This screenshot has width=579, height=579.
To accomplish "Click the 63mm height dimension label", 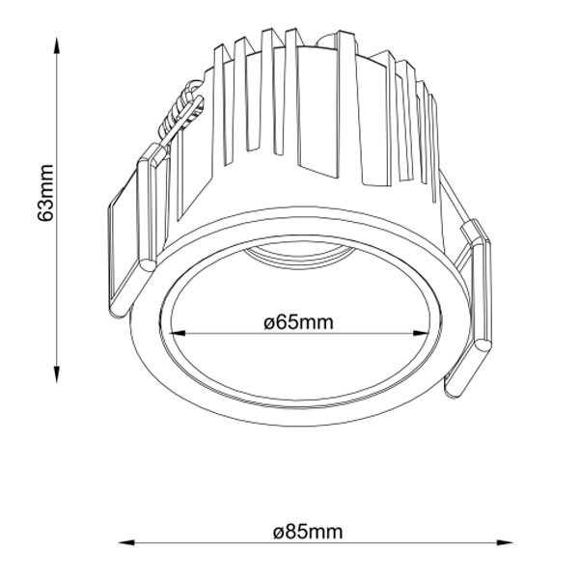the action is point(45,193).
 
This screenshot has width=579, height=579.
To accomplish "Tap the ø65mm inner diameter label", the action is point(298,322).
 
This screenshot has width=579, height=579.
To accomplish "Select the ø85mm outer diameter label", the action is point(308,532).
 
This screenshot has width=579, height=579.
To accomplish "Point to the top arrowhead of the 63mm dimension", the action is point(57,45).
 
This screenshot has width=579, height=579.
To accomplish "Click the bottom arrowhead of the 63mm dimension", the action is point(57,373).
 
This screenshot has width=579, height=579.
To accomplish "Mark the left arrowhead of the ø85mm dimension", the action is point(126,542).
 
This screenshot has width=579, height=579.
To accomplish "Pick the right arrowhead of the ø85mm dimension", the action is point(504,542).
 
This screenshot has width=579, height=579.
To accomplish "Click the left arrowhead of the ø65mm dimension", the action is point(178,333).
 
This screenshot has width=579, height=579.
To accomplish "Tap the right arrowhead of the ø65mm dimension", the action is point(421,333).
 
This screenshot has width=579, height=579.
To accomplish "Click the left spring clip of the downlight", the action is point(133,233).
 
